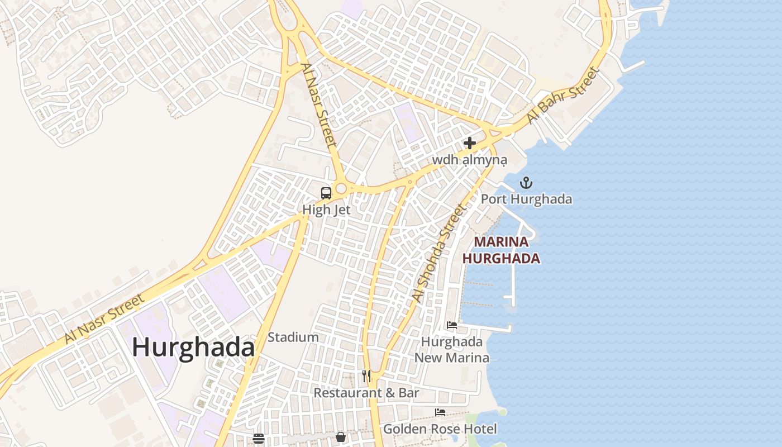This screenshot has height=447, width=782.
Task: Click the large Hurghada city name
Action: click(x=193, y=347)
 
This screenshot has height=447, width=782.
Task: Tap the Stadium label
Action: click(x=293, y=337)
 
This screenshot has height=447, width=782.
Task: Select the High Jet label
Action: click(x=326, y=210)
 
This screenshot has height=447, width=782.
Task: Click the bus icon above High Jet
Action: click(x=326, y=193)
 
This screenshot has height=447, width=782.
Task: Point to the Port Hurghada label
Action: click(x=526, y=199)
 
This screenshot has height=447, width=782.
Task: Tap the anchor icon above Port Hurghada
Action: click(x=526, y=183)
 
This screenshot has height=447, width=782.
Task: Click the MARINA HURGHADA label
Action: click(x=501, y=250)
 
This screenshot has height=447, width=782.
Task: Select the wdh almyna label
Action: click(x=469, y=160)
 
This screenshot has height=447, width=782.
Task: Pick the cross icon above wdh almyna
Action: click(x=470, y=143)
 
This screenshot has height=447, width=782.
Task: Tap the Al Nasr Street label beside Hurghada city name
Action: click(x=104, y=316)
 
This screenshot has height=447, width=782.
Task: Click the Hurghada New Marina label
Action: click(x=452, y=350)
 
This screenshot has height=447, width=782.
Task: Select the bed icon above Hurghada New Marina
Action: click(x=452, y=325)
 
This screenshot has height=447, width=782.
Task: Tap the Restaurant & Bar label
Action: click(x=366, y=393)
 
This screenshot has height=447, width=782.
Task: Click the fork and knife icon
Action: click(x=366, y=375)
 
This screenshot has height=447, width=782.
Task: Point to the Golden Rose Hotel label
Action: click(x=440, y=429)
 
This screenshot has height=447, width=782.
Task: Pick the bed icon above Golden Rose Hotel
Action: click(x=440, y=412)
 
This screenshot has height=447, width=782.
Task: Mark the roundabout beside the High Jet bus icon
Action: click(x=341, y=189)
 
